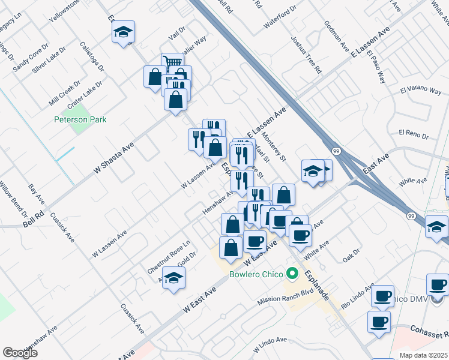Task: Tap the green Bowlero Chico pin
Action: pyautogui.click(x=292, y=275)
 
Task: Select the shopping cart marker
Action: pyautogui.click(x=172, y=62)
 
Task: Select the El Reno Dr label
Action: pyautogui.click(x=412, y=133)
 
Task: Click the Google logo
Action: pyautogui.click(x=20, y=353)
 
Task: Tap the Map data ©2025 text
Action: pyautogui.click(x=423, y=355)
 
